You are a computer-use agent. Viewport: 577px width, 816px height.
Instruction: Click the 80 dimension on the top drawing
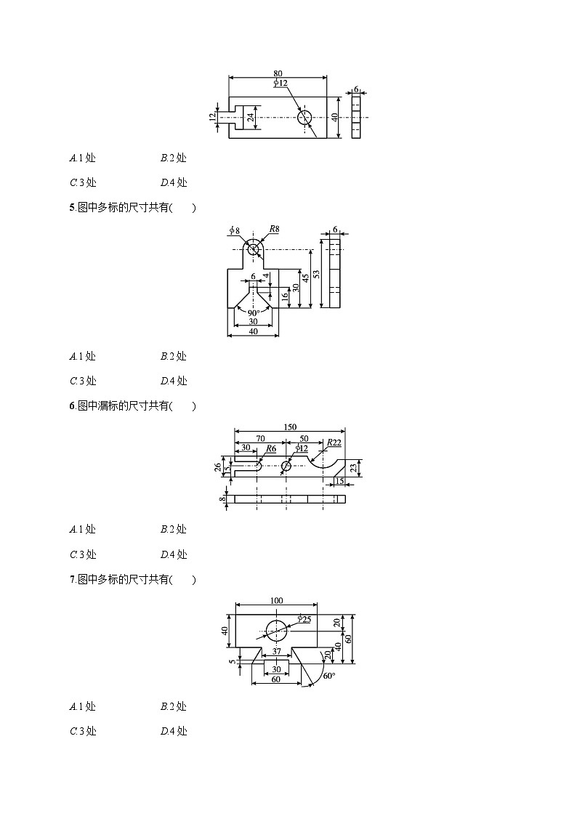[278, 73]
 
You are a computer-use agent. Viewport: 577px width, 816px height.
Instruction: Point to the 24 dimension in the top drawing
[250, 117]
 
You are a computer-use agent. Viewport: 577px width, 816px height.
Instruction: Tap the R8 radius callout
[274, 229]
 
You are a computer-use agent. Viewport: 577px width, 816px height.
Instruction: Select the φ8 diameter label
[234, 230]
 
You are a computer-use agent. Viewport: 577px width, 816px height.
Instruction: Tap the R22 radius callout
[334, 443]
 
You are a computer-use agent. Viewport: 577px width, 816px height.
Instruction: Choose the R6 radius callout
[270, 449]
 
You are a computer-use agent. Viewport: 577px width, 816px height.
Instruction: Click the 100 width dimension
[276, 601]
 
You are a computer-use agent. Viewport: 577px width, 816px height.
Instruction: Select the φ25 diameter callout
[304, 618]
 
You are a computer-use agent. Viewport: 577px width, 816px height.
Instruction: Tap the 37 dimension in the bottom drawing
[277, 651]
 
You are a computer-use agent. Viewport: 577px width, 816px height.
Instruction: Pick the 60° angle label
[328, 676]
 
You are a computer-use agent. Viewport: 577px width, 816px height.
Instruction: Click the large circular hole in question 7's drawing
[277, 629]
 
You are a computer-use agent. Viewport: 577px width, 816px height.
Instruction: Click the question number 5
[72, 208]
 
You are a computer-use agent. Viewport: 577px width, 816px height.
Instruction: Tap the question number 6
[72, 406]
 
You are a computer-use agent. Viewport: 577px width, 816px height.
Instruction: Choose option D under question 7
[174, 731]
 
